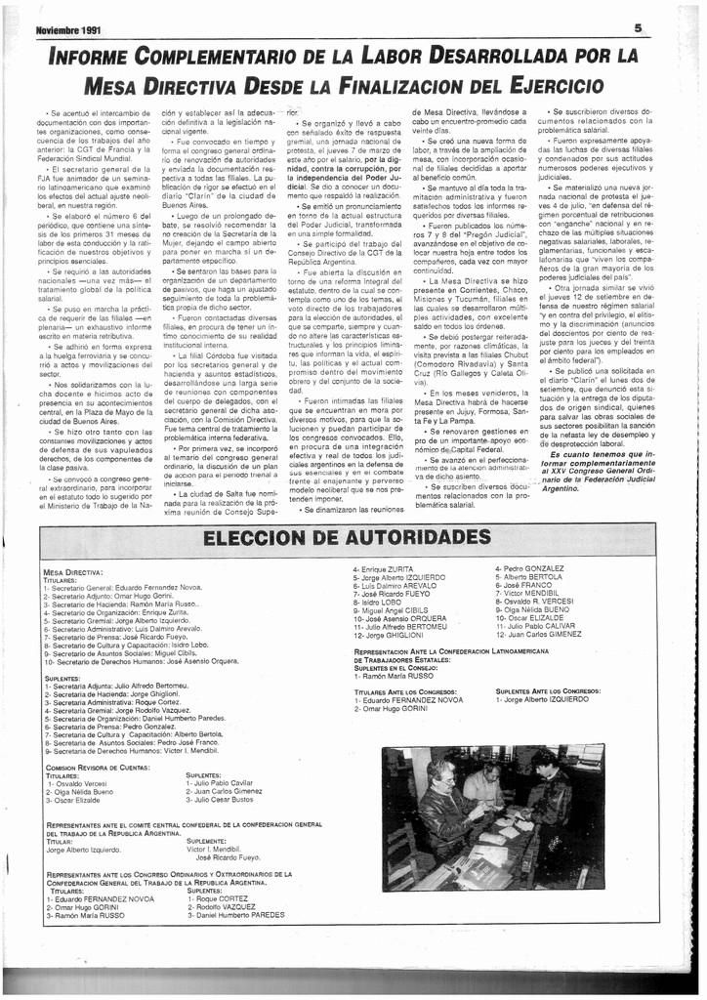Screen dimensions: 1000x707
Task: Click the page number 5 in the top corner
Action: pos(637,29)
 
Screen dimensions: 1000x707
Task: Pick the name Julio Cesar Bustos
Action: pos(222,799)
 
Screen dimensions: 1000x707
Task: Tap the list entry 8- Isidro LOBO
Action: pos(378,603)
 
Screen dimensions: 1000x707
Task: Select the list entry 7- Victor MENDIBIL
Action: pos(527,593)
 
